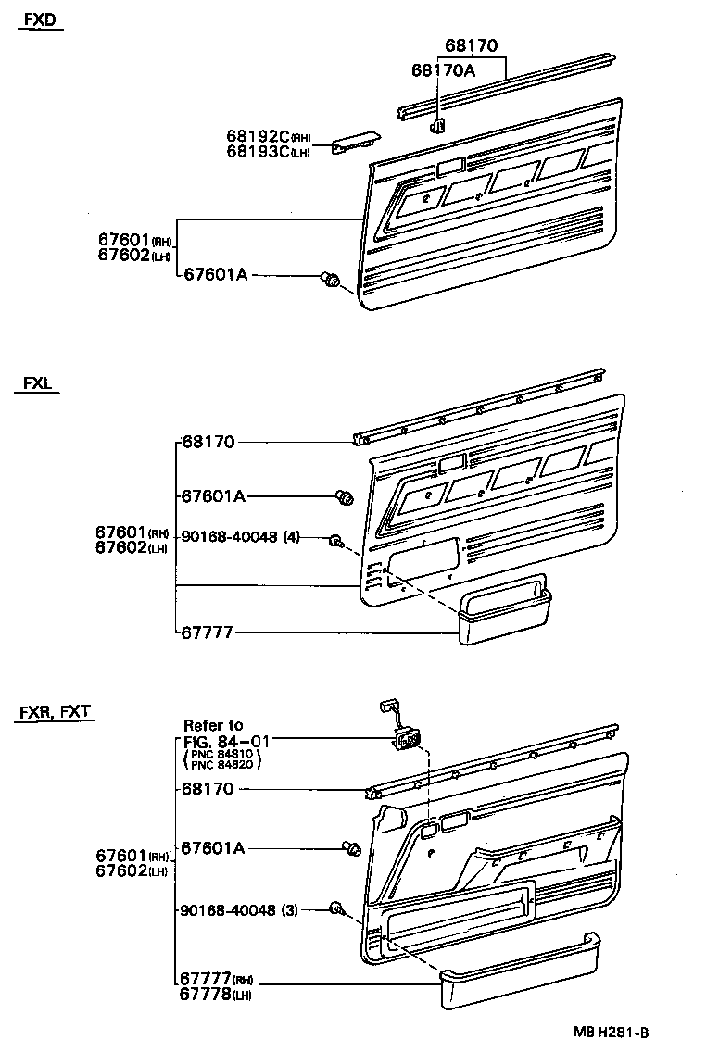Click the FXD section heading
pos(40,20)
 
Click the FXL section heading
pos(37,384)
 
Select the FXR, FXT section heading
pos(55,712)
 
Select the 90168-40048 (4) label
pos(241,537)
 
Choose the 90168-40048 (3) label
pos(240,910)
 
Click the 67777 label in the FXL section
pos(208,633)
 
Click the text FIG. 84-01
pos(221,741)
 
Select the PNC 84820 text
pos(222,765)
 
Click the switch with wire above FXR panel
pos(404,736)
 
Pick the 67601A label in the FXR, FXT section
pos(213,847)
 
